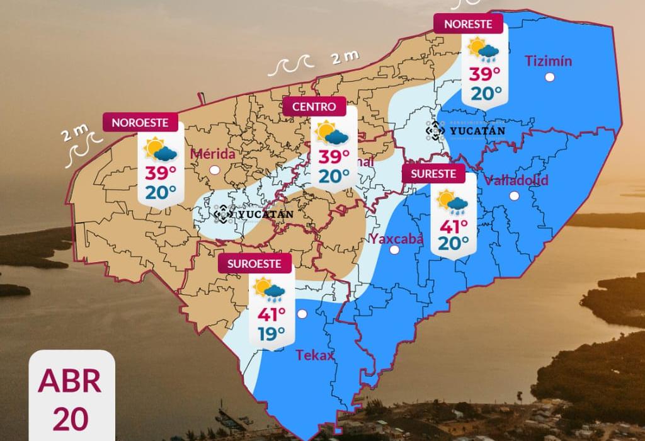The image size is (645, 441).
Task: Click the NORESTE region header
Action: [x=469, y=24]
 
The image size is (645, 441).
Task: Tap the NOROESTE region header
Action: [x=140, y=123]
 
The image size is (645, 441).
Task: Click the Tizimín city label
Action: [x=549, y=61]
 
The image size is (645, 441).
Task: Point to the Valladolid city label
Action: [x=516, y=180]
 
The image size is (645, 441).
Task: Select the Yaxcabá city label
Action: [x=397, y=239]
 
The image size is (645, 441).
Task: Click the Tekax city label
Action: [x=314, y=355]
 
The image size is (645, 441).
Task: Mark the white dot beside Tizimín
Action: [x=550, y=77]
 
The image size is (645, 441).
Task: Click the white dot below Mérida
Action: [x=215, y=169]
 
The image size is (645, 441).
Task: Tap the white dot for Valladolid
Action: [x=514, y=196]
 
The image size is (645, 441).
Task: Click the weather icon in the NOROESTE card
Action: [x=161, y=150]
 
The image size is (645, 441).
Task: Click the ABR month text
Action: [x=69, y=381]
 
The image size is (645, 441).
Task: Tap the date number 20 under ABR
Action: [x=70, y=418]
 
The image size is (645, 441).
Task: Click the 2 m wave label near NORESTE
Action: [x=345, y=58]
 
